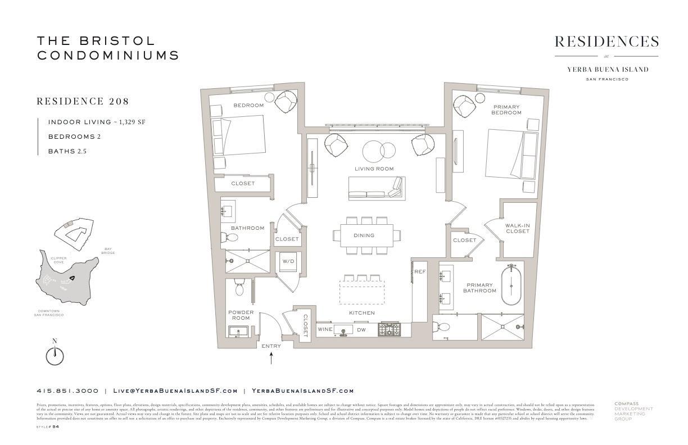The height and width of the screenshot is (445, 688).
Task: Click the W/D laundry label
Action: (x=288, y=261)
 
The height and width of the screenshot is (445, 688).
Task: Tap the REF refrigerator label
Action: (x=419, y=271)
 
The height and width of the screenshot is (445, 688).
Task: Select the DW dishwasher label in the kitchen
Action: (x=361, y=329)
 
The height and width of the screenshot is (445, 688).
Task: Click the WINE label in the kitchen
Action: (x=325, y=329)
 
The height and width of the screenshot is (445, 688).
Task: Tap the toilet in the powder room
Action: (x=239, y=287)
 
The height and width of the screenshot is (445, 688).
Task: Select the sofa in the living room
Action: (x=375, y=188)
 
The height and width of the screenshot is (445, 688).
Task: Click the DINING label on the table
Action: (x=364, y=235)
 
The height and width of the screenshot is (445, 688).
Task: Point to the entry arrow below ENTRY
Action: (x=271, y=358)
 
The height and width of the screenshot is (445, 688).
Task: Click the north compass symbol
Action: (x=55, y=355)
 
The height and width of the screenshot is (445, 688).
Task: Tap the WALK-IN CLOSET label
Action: (x=517, y=228)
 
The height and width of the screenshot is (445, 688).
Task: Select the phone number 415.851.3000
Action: (x=67, y=390)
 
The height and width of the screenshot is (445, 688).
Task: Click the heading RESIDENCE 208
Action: (x=83, y=102)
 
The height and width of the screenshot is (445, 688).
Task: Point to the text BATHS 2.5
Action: (x=67, y=151)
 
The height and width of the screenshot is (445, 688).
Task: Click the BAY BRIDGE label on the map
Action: (x=108, y=251)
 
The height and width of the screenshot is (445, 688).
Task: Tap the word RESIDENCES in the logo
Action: (x=606, y=42)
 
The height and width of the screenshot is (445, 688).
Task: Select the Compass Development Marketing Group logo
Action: (x=633, y=411)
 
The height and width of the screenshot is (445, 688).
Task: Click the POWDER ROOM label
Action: (x=241, y=315)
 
